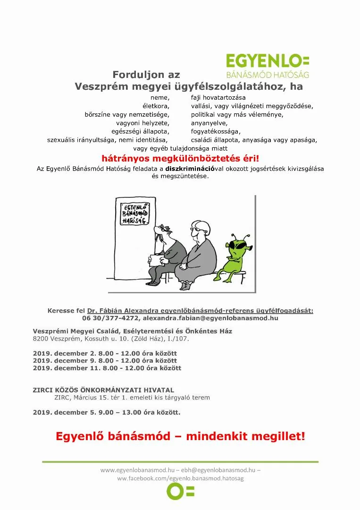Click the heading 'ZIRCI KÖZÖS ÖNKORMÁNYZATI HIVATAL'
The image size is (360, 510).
pos(103,390)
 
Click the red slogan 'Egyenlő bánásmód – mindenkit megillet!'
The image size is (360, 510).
pos(180,436)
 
